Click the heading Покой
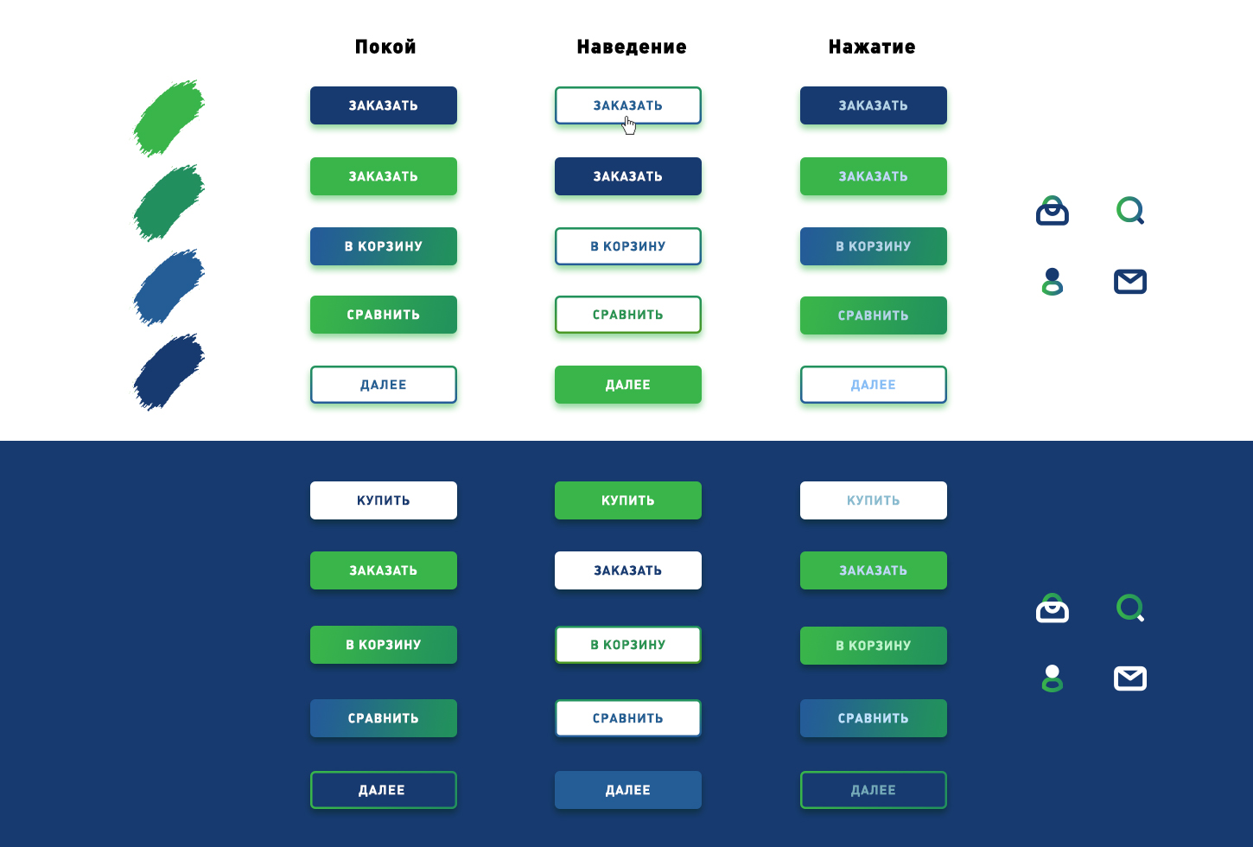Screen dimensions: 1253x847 (385, 47)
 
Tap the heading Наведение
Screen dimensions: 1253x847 (632, 47)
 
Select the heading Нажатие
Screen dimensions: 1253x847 (872, 47)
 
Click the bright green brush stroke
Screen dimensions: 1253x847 (169, 118)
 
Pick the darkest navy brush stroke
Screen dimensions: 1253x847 (169, 372)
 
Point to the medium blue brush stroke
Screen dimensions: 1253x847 (169, 287)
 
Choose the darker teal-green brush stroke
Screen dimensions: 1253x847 (169, 202)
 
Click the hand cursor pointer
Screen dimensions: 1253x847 (629, 126)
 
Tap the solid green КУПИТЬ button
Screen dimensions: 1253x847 (628, 500)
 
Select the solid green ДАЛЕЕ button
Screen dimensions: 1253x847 (628, 385)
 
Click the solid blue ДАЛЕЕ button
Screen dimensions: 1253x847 (628, 789)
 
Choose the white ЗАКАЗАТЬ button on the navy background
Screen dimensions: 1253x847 (628, 570)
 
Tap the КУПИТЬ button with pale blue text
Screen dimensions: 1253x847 (873, 500)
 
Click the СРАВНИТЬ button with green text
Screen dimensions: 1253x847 (628, 315)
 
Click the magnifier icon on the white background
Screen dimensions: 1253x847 (1130, 210)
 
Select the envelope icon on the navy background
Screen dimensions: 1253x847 (1130, 678)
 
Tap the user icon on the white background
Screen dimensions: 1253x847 (1053, 282)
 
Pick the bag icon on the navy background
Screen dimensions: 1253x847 (1053, 608)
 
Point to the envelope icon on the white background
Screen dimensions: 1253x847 (1130, 282)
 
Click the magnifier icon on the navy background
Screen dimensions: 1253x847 (1130, 608)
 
